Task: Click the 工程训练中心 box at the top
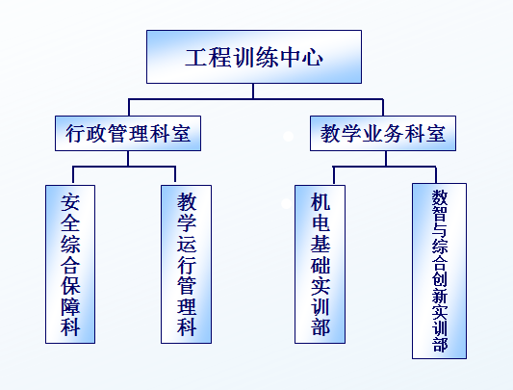click(x=254, y=57)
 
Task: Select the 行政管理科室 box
click(x=128, y=133)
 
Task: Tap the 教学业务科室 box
click(x=383, y=133)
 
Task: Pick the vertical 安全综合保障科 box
click(x=70, y=264)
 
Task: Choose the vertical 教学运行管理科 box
click(x=186, y=264)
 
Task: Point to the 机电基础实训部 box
click(x=320, y=264)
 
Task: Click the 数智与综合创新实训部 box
click(x=440, y=272)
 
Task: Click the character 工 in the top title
click(x=196, y=58)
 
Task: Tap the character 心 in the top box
click(x=312, y=58)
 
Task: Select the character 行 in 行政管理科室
click(x=76, y=134)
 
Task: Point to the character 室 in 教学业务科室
click(x=435, y=134)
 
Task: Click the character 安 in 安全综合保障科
click(x=70, y=202)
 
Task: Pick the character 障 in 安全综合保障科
click(x=70, y=306)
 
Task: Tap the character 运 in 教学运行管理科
click(x=187, y=244)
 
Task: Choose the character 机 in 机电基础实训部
click(x=321, y=201)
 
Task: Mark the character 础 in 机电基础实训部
click(x=321, y=264)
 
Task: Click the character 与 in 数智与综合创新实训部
click(x=440, y=229)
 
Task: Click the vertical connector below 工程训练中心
click(x=253, y=91)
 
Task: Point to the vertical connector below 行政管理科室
click(x=128, y=159)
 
